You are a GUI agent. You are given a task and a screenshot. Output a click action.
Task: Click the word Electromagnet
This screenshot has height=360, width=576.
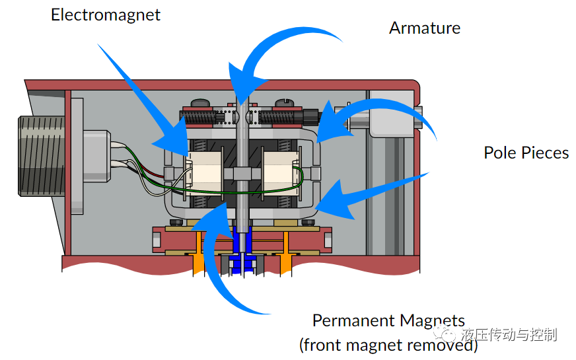106,15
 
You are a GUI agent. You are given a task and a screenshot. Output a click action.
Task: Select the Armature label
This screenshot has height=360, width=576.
424,28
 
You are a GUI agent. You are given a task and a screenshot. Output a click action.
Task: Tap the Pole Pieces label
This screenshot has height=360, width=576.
526,153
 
